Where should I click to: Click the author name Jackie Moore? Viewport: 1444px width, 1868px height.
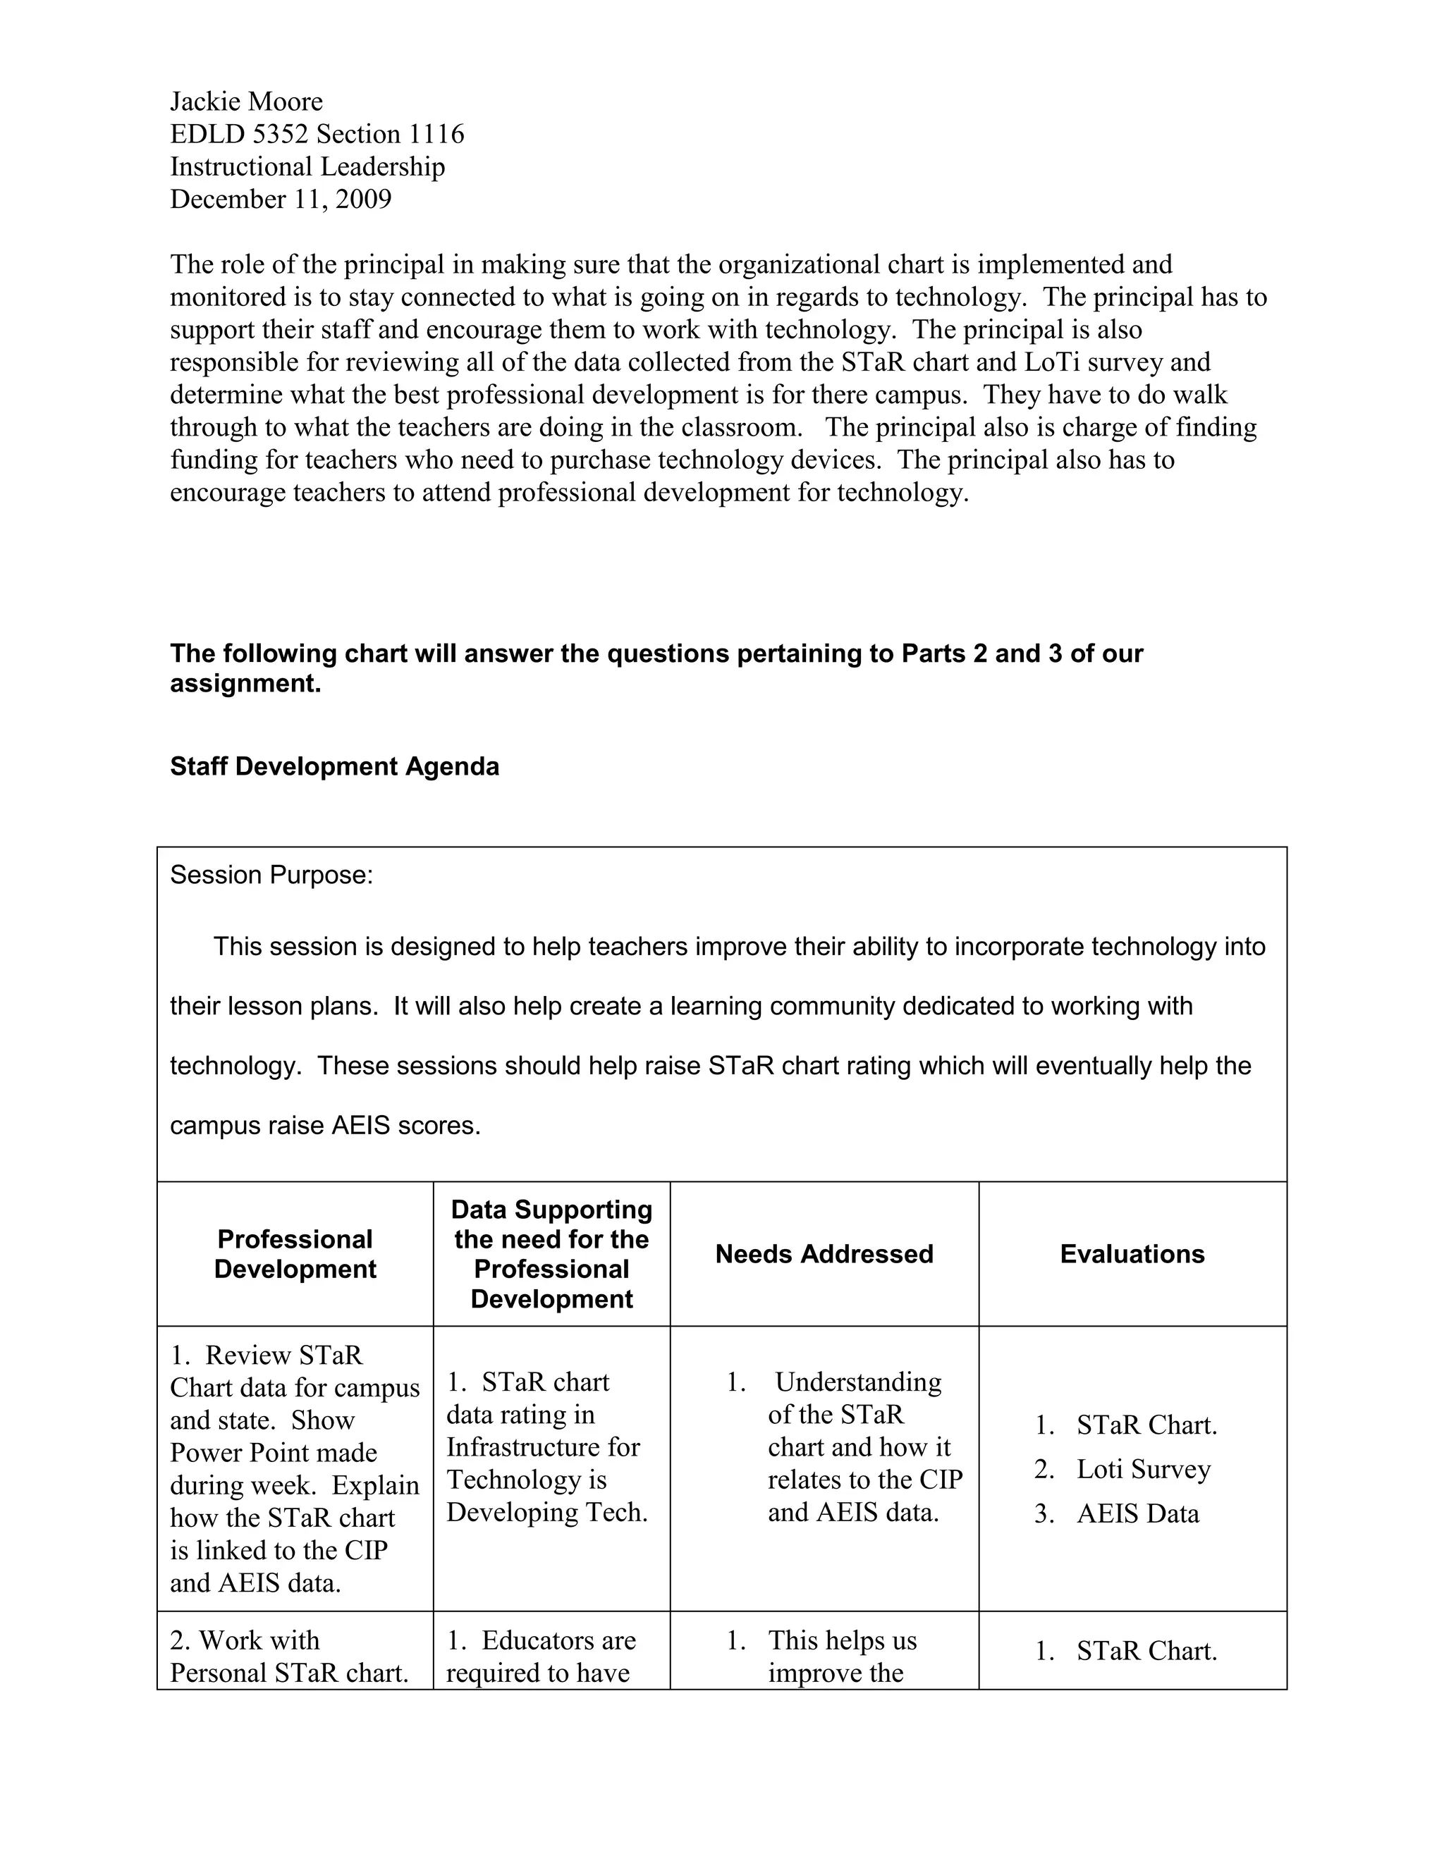[246, 102]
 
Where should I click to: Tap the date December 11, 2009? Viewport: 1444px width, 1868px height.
[281, 199]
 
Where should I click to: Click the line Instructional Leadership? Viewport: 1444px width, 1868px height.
[307, 167]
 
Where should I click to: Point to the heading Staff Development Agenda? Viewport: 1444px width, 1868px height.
[334, 766]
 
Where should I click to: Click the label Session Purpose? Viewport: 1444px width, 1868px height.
[271, 875]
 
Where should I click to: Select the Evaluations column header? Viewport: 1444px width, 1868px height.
[1132, 1254]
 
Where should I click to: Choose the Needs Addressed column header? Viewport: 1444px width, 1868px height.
[824, 1254]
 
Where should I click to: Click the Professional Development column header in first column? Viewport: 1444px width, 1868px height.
[295, 1254]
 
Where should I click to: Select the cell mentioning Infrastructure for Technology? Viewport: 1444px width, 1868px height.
[546, 1447]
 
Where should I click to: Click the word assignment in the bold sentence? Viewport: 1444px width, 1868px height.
[245, 684]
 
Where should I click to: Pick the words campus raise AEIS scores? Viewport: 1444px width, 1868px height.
[325, 1126]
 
